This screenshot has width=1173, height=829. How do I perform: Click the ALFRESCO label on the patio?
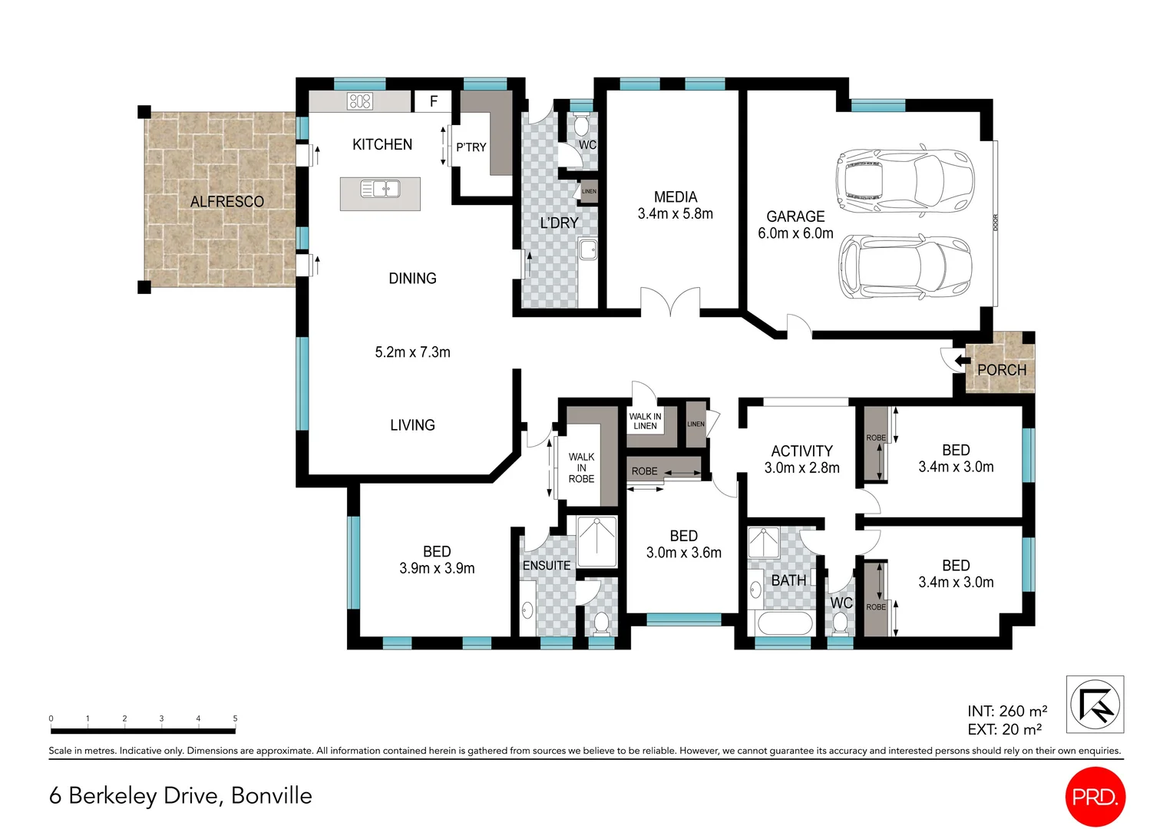click(226, 202)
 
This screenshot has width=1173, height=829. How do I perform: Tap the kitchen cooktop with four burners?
click(359, 101)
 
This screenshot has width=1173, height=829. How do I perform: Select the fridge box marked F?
click(434, 101)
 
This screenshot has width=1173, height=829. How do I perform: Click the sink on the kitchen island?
click(380, 188)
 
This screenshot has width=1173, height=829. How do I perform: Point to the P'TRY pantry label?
click(471, 147)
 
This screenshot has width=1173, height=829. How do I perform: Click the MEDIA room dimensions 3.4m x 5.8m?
click(675, 214)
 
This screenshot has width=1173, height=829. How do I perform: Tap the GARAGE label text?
click(795, 216)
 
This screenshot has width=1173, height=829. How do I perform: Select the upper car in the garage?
click(904, 180)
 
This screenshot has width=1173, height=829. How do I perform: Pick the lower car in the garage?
click(904, 266)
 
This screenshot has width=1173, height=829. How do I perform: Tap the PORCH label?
click(1001, 370)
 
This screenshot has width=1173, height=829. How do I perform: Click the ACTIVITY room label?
click(801, 451)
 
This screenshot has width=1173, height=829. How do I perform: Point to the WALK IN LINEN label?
click(645, 421)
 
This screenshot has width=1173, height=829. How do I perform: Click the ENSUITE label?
click(546, 566)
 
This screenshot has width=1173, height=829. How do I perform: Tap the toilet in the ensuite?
click(601, 622)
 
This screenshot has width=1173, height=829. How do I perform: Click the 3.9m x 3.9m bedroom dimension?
click(437, 569)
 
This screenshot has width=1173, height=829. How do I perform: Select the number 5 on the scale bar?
click(235, 719)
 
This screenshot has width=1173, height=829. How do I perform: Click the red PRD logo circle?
click(1095, 797)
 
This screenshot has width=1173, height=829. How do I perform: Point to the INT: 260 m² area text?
click(1006, 712)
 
